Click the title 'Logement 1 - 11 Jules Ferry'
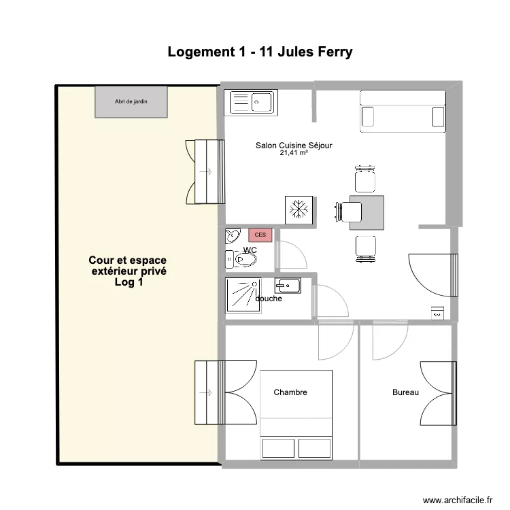[260, 52]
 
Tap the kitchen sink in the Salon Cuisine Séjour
[252, 102]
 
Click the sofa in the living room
[403, 111]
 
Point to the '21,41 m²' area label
[294, 154]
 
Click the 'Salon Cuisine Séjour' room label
[294, 145]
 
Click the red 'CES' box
[260, 235]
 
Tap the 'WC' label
[250, 250]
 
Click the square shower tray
[242, 296]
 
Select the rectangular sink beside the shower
[287, 284]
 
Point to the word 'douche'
[269, 299]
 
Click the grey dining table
[366, 211]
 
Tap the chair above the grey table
[364, 180]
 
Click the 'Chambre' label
[290, 392]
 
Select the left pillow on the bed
[278, 449]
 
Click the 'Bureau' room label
[405, 392]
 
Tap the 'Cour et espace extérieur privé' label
[128, 271]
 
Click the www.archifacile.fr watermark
[456, 500]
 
